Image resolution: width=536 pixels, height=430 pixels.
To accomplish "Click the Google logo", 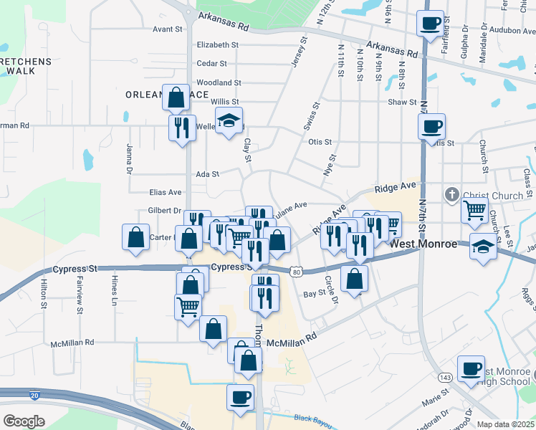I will [x=24, y=421].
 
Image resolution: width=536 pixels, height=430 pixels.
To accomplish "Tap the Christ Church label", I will [x=494, y=196].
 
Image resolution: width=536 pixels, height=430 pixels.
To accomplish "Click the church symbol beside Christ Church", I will [x=451, y=194].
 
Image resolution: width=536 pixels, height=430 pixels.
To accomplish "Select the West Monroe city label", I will [x=423, y=244].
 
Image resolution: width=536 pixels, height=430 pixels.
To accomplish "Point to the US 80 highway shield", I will [x=296, y=271].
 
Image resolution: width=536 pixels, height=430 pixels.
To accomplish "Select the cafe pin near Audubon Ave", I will [x=431, y=24].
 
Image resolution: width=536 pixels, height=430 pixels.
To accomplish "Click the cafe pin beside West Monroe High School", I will [x=471, y=369].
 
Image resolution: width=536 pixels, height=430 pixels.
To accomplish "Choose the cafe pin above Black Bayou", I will [x=241, y=396].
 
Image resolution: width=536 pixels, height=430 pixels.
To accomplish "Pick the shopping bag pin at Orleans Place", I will [x=176, y=97].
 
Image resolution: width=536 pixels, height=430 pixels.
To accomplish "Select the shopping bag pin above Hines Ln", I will [x=136, y=238].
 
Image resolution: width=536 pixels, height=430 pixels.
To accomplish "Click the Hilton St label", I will [x=44, y=295].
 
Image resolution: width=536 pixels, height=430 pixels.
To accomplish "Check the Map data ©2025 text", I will [x=505, y=424].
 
